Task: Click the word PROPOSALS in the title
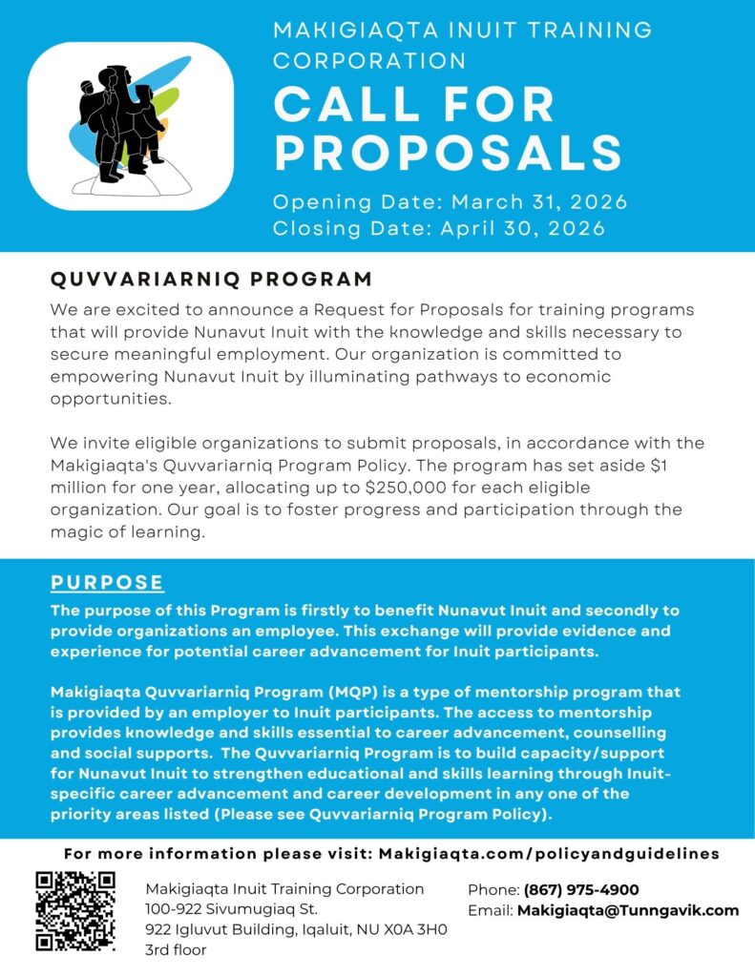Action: coord(448,154)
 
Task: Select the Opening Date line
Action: coord(450,202)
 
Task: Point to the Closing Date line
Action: coord(439,228)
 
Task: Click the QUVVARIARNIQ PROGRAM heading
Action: coord(211,280)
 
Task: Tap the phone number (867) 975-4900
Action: coord(581,889)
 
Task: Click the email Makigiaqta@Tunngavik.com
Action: coord(628,910)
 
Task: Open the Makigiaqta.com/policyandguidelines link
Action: coord(549,854)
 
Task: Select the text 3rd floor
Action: coord(176,950)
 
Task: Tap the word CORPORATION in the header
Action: coord(369,60)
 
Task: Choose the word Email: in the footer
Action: coord(491,910)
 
